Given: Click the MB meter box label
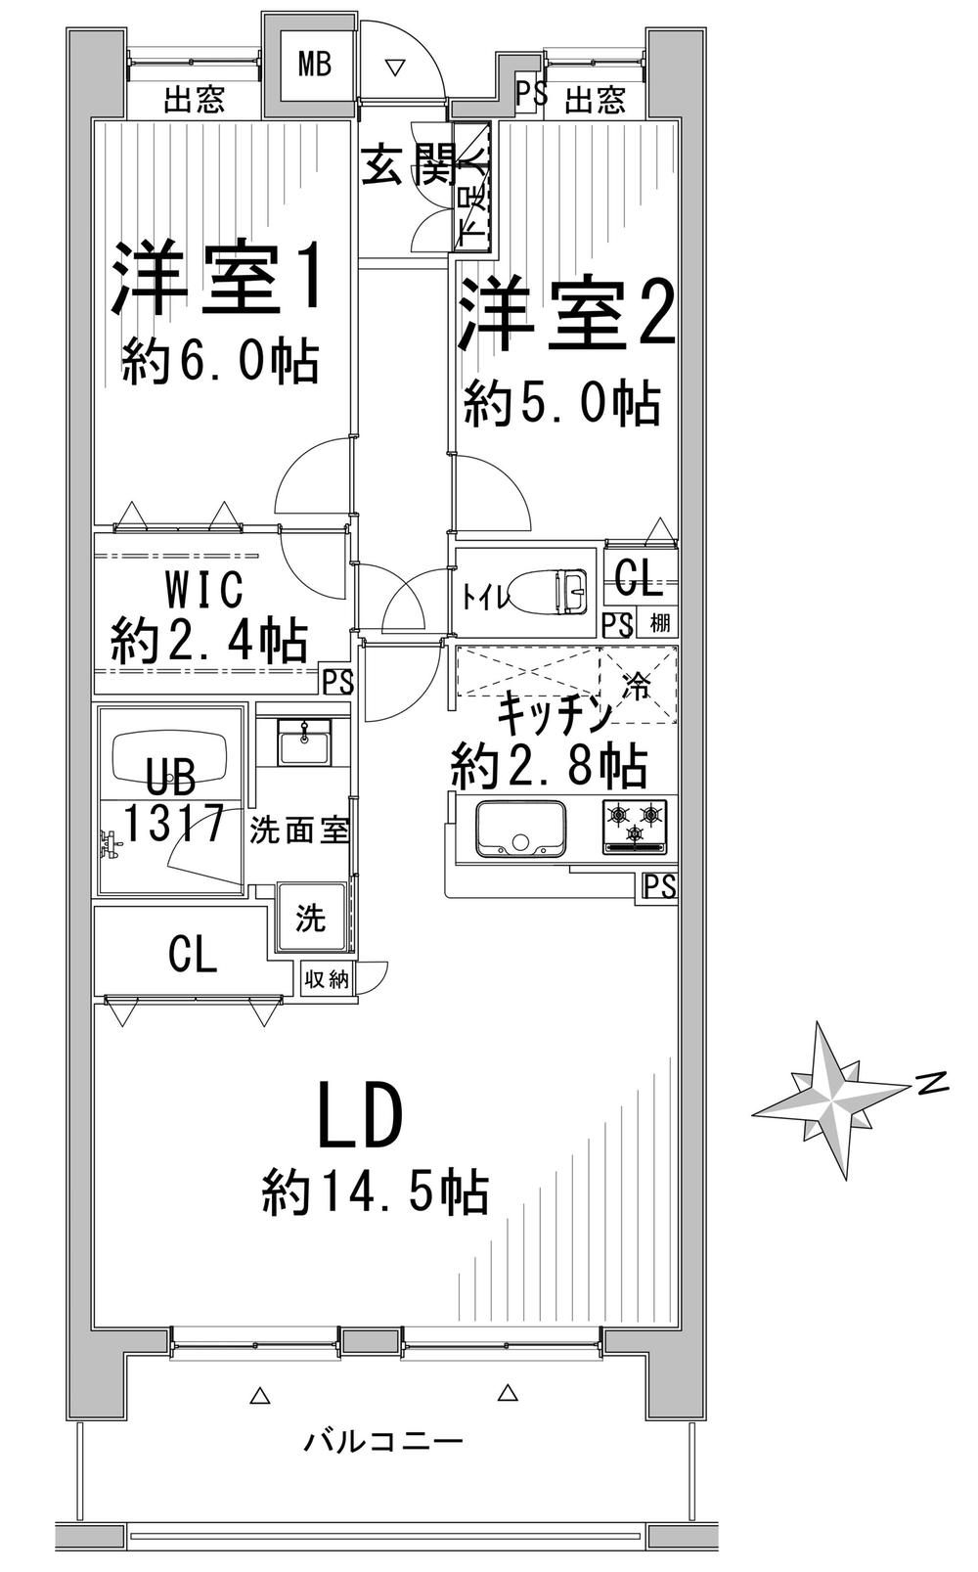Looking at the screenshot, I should pos(314,66).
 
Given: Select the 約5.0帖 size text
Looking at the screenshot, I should pos(561,403).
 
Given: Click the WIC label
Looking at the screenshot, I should pos(203,590).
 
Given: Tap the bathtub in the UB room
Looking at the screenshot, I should pos(171,755).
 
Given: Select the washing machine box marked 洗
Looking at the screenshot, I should pos(311,919).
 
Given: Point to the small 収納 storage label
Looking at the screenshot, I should pos(326,979).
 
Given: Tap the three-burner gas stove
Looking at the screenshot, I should pos(635,826).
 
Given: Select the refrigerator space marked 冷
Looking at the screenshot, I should pos(637,684).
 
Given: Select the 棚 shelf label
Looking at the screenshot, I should pos(660,623).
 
